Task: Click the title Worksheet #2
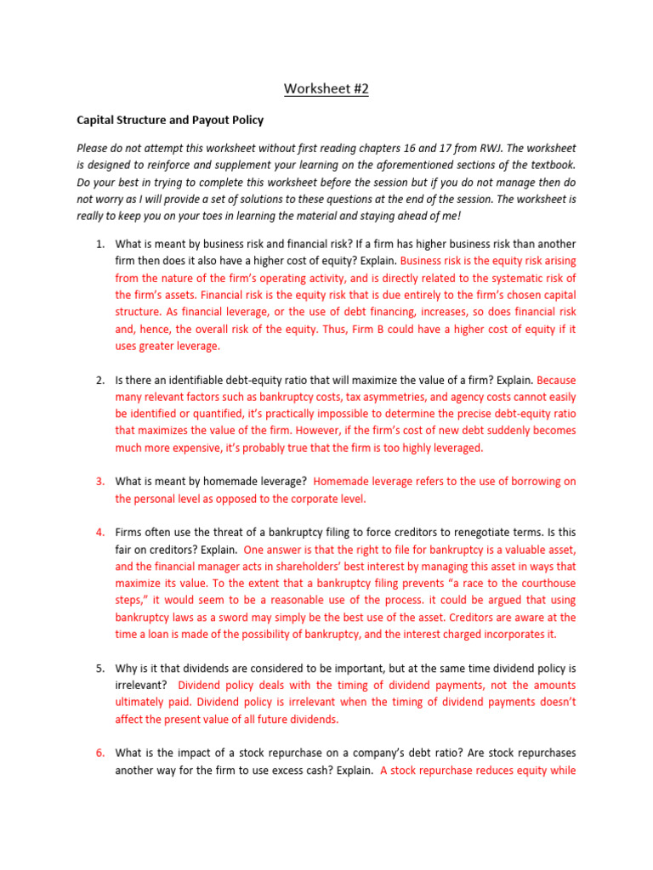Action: click(326, 88)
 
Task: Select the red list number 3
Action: click(99, 482)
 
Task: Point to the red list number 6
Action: click(99, 754)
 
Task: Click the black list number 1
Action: click(99, 244)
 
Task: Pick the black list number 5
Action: click(99, 669)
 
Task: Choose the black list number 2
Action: click(99, 380)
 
